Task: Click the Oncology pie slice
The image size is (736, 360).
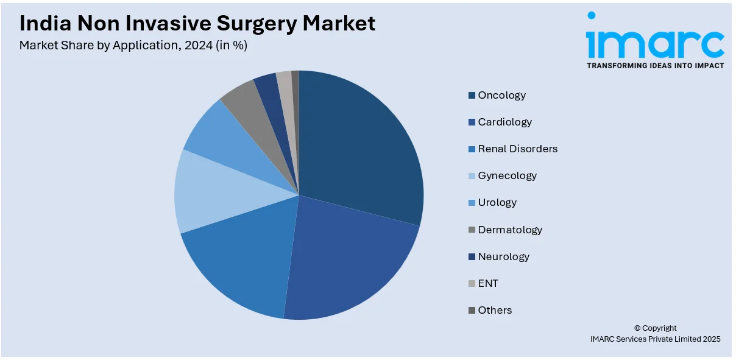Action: [359, 146]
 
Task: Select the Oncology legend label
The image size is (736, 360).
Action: [501, 95]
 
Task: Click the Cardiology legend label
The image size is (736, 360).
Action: [504, 122]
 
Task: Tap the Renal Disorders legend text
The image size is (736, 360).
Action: [517, 149]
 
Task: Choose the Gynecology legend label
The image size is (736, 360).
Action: [507, 175]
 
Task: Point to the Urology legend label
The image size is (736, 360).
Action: [497, 202]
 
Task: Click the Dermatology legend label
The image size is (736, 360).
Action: [510, 230]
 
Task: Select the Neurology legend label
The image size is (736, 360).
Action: [503, 256]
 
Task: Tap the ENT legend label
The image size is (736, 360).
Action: [488, 283]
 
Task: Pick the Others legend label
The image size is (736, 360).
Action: [495, 310]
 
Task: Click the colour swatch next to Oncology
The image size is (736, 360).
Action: [472, 95]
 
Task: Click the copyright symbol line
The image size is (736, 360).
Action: [655, 328]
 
